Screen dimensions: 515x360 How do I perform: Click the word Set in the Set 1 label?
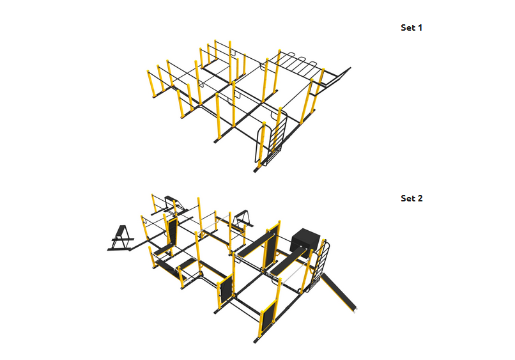click(407, 27)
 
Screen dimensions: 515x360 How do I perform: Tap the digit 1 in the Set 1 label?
click(420, 27)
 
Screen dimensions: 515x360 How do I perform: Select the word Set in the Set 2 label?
click(407, 198)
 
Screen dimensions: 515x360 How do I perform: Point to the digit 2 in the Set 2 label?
click(420, 198)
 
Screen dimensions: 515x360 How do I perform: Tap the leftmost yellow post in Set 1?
click(151, 84)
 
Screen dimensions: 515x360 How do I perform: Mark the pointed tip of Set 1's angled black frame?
click(350, 68)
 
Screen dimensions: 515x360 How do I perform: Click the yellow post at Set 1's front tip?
click(261, 145)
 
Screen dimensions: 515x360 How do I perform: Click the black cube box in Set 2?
click(305, 242)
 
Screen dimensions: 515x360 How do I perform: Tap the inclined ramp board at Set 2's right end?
click(339, 292)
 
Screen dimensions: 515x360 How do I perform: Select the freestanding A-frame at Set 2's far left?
click(121, 239)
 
